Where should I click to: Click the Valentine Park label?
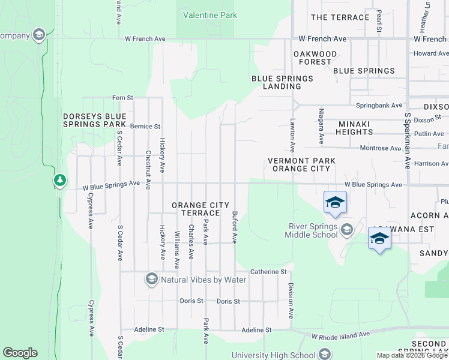(210, 15)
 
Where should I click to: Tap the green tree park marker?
(59, 180)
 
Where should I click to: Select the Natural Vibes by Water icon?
(151, 279)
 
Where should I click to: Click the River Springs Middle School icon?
(346, 229)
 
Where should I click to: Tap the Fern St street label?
(122, 97)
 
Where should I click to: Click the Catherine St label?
(268, 272)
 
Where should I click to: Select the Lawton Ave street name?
(293, 134)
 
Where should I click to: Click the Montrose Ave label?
(380, 148)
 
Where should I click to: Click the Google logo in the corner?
(20, 353)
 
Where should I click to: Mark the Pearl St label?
(379, 20)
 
